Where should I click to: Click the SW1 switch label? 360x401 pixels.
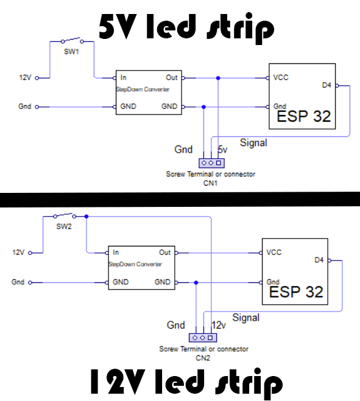[72, 52]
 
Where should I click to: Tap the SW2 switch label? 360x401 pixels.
[64, 226]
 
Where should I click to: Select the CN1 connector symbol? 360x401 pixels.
[211, 162]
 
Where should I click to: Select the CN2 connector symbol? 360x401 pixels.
[202, 338]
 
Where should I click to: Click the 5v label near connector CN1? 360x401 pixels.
[222, 150]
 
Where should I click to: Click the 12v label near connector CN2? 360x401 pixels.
[218, 326]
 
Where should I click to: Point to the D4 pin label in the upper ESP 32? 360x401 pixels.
[326, 85]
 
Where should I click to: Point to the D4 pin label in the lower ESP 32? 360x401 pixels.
[319, 260]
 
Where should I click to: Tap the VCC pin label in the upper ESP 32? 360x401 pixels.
[281, 78]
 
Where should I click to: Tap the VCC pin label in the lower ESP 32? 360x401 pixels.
[274, 253]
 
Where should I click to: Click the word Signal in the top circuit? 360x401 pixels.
[253, 142]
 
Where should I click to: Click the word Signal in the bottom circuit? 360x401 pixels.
[245, 318]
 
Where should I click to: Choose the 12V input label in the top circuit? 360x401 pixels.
[25, 78]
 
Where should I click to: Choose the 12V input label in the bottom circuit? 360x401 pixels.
[18, 253]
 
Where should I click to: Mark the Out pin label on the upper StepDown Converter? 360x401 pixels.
[172, 78]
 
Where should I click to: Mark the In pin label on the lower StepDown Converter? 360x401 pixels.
[116, 253]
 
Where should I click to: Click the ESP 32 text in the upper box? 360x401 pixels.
[303, 116]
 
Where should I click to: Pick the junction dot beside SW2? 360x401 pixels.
[86, 216]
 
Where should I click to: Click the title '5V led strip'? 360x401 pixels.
[186, 27]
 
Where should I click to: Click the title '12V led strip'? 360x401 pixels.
[186, 382]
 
